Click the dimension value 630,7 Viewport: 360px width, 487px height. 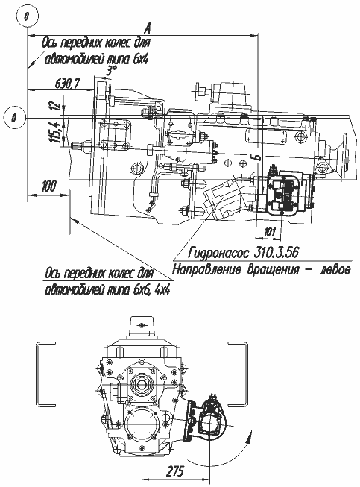68,84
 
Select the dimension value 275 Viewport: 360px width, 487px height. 174,471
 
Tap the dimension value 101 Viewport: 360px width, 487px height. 269,232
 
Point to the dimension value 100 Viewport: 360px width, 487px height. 48,186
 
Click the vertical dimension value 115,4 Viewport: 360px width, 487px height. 56,132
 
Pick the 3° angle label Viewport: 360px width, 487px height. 110,72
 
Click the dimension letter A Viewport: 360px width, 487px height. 148,29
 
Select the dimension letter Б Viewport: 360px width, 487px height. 257,157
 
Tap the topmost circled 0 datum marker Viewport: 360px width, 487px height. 28,16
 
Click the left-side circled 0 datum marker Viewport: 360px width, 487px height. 13,118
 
